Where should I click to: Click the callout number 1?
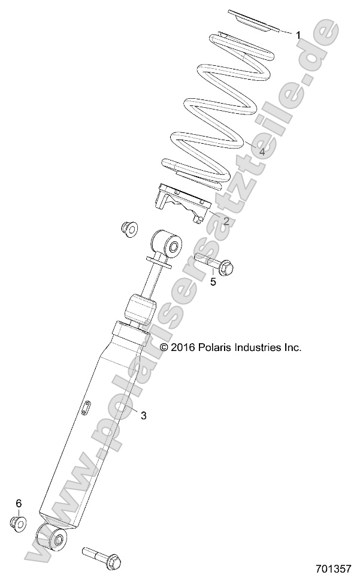point(298,35)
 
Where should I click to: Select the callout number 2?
point(226,221)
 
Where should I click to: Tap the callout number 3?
point(143,415)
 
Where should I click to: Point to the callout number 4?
point(262,152)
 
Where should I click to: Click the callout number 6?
point(19,503)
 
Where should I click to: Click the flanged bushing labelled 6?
point(19,522)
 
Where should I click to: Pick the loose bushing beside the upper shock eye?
point(127,228)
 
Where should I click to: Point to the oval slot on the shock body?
point(86,408)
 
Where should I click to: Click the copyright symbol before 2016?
point(164,347)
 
